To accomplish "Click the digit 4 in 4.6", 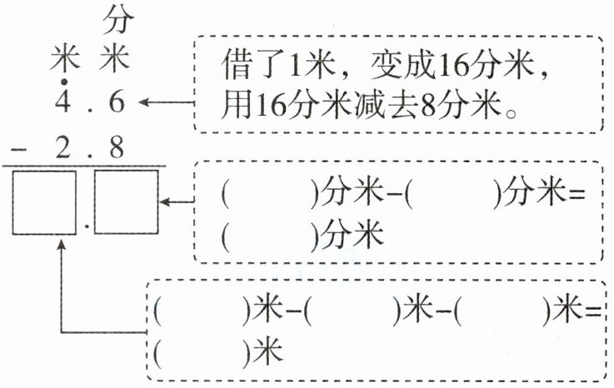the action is point(62,102).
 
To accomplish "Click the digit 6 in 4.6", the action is point(117,102).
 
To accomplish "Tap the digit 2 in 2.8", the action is point(62,147).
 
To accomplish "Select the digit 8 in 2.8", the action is point(117,147).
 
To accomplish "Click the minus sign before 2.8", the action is point(18,149).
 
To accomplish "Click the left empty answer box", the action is point(44,202).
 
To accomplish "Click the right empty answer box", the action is point(127,202).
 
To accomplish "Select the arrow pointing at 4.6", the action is point(167,102).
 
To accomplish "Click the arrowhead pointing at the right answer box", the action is point(165,202).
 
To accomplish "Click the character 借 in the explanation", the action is point(237,64).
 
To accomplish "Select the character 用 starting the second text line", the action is point(237,105).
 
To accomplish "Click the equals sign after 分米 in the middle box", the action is point(577,194).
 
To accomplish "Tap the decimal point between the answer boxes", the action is point(87,226).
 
